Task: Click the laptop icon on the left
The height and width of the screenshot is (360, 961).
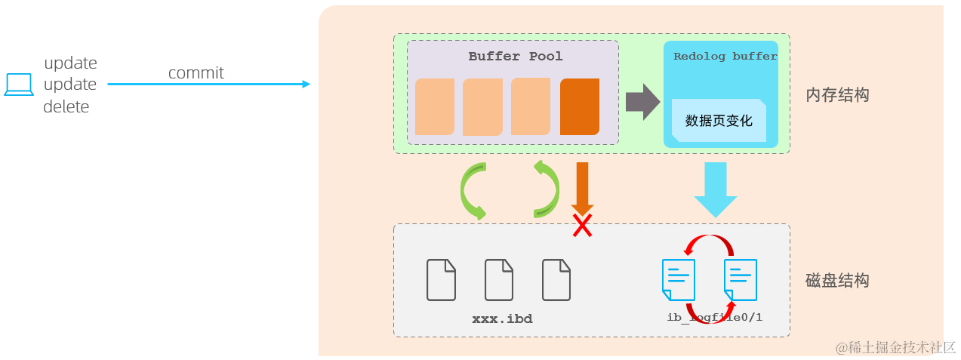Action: pyautogui.click(x=19, y=85)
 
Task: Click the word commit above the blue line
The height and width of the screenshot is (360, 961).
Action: pyautogui.click(x=196, y=73)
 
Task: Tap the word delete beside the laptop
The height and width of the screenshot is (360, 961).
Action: pyautogui.click(x=66, y=107)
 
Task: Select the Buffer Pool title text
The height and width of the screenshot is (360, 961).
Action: pyautogui.click(x=515, y=57)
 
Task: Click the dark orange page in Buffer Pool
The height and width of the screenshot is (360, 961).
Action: pyautogui.click(x=579, y=106)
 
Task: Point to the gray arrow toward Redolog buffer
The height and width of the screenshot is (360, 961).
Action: pyautogui.click(x=642, y=101)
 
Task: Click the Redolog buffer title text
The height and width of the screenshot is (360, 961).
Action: pyautogui.click(x=725, y=57)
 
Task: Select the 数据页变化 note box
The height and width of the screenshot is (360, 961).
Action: pyautogui.click(x=719, y=121)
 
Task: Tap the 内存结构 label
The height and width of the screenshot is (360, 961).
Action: pyautogui.click(x=837, y=96)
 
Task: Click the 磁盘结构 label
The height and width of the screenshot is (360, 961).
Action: pyautogui.click(x=837, y=281)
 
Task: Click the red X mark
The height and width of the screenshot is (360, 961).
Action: pyautogui.click(x=581, y=225)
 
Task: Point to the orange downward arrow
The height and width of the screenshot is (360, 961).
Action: pyautogui.click(x=582, y=188)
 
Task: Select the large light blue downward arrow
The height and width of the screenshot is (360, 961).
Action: pyautogui.click(x=715, y=189)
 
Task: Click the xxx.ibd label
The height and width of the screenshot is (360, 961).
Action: pyautogui.click(x=502, y=319)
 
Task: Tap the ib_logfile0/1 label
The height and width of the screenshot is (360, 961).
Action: pyautogui.click(x=714, y=317)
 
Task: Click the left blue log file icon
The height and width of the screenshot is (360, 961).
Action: pyautogui.click(x=678, y=279)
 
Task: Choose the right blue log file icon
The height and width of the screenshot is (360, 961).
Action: pyautogui.click(x=740, y=279)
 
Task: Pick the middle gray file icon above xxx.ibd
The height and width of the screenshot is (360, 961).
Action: pyautogui.click(x=499, y=280)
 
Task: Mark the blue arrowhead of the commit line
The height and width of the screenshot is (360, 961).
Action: pyautogui.click(x=306, y=84)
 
